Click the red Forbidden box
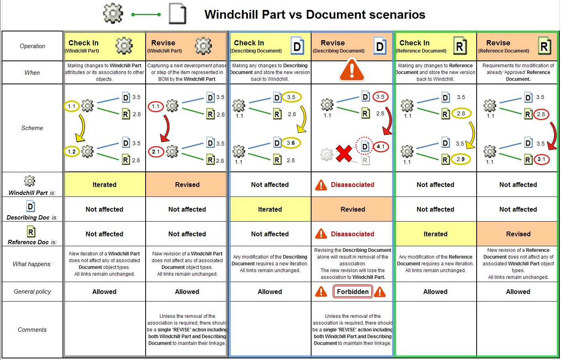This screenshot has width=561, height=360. [x=353, y=292]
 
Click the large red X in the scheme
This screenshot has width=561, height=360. [x=344, y=154]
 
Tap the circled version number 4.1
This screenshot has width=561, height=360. [x=380, y=146]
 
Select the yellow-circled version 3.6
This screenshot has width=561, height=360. [x=291, y=143]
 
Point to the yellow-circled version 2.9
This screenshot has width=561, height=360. [x=460, y=159]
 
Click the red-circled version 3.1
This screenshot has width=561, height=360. [x=541, y=160]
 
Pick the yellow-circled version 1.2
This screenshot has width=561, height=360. [x=72, y=152]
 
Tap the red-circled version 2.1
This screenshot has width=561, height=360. [x=156, y=152]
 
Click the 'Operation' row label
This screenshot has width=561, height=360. [x=32, y=46]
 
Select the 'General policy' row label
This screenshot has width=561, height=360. [x=32, y=292]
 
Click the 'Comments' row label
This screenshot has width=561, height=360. [x=32, y=330]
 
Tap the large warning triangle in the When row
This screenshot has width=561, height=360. [x=352, y=70]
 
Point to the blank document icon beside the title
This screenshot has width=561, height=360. [x=177, y=14]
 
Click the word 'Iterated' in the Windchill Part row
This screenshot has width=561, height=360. [x=105, y=185]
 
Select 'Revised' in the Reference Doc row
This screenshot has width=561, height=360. [x=518, y=234]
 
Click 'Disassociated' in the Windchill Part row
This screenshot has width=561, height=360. [x=353, y=185]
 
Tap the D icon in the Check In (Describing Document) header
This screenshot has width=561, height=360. [x=297, y=46]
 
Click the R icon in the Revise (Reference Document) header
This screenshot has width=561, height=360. [x=545, y=46]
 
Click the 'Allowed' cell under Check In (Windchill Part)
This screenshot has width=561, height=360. [x=104, y=292]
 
